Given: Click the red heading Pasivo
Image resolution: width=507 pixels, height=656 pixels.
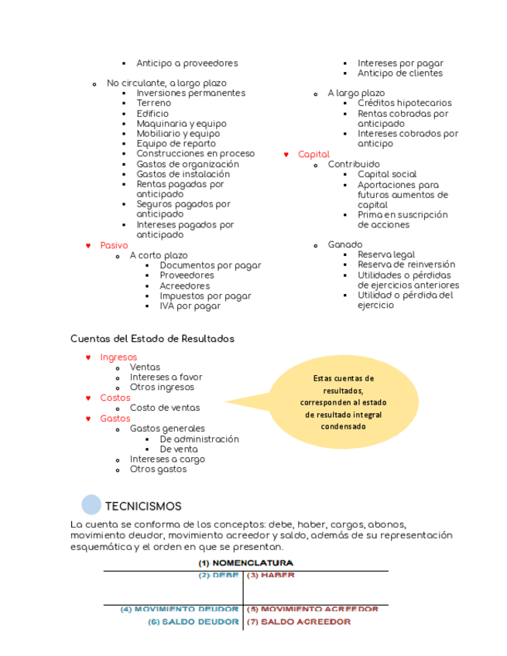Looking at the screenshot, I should tap(114, 245).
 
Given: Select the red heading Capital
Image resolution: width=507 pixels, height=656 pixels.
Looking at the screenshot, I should tap(313, 155).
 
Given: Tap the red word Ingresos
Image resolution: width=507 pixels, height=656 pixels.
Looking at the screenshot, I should tap(118, 357).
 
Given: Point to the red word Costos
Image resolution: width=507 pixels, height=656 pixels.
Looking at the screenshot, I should tap(115, 398).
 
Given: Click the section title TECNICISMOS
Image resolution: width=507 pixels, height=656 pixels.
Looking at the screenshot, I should tap(143, 507).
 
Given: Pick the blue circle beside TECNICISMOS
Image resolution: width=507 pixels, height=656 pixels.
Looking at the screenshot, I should tap(91, 505).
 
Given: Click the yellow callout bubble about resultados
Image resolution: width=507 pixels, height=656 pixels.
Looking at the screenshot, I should tap(343, 402).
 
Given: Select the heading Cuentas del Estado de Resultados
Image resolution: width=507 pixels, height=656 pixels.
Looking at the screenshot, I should tap(152, 339).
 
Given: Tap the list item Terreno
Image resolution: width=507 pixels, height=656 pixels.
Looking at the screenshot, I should tap(154, 103).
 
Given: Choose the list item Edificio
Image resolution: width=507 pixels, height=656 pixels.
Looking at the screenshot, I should tap(152, 114).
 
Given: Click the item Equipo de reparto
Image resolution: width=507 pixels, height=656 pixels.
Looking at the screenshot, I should tap(176, 144).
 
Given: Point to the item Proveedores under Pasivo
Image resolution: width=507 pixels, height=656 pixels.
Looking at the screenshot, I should tap(187, 275).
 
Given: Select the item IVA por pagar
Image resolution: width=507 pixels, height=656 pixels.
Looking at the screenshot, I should tap(190, 306).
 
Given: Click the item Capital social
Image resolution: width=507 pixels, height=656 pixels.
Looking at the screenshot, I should tap(386, 175).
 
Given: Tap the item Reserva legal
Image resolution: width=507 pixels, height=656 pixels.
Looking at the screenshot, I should tap(385, 255).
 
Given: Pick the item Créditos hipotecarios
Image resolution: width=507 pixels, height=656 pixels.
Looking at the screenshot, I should tap(404, 103).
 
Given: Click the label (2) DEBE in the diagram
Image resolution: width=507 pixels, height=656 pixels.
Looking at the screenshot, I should tap(218, 576).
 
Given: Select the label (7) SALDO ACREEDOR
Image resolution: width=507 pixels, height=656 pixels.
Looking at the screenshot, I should tap(298, 622).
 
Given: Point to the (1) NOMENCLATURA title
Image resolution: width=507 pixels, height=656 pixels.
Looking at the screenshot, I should tap(245, 563).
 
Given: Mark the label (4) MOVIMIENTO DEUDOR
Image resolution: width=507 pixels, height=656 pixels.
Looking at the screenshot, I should tap(179, 610).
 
